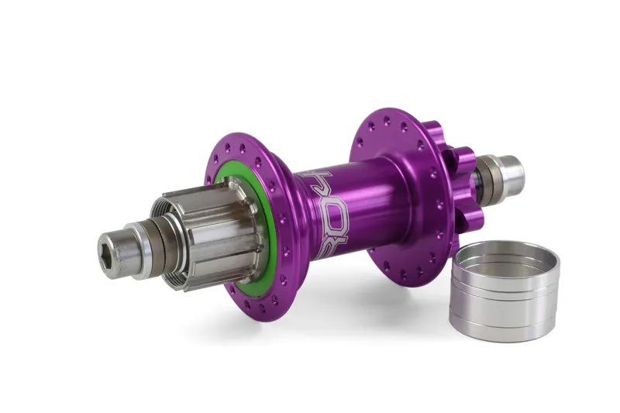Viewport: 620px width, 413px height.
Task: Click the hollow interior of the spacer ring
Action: click(496, 260)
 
